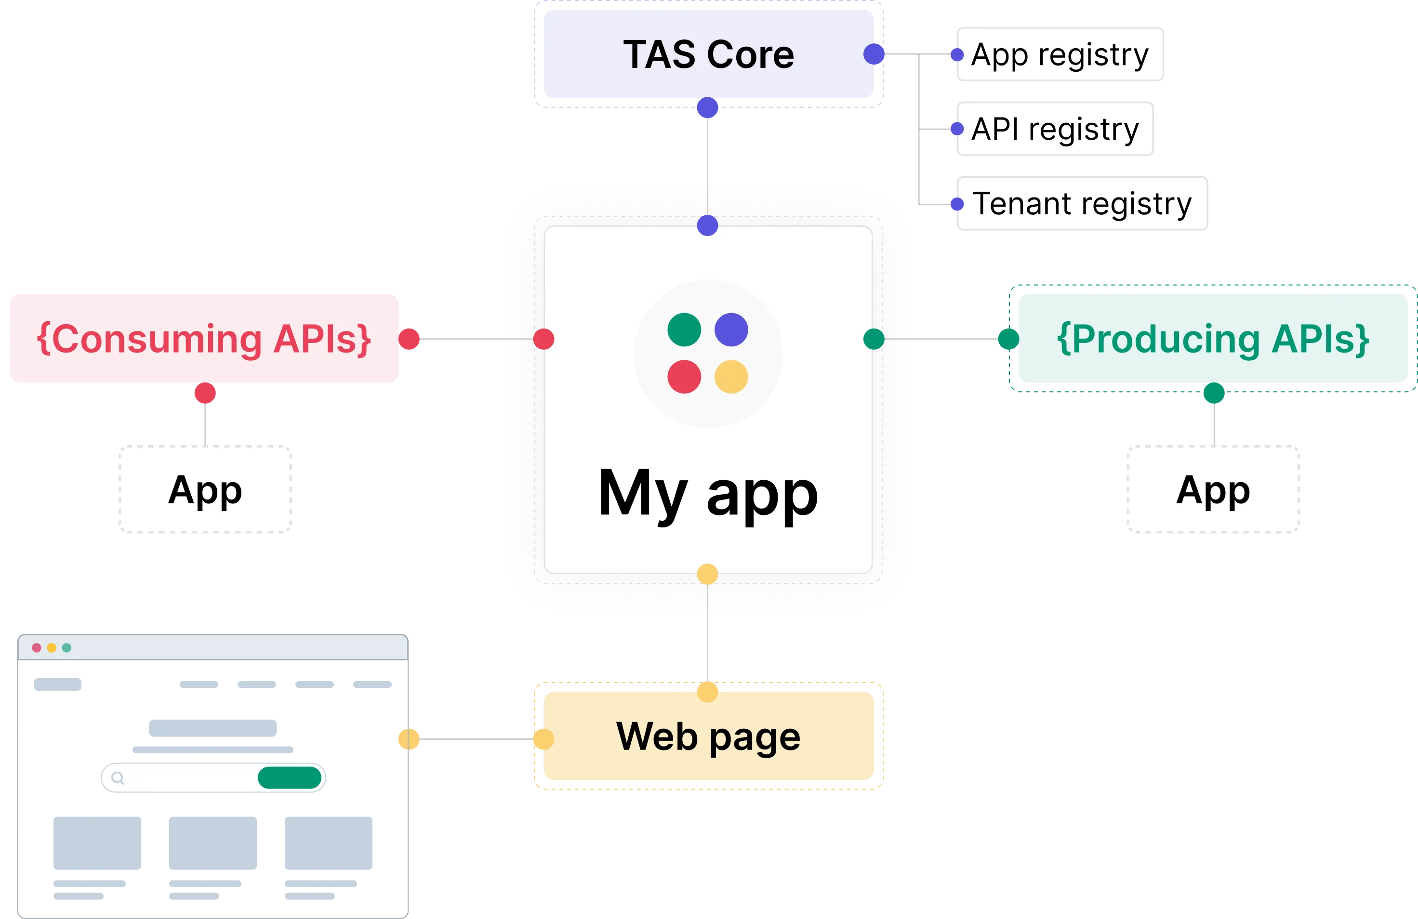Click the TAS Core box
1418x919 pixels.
(708, 55)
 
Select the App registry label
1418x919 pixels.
(1060, 55)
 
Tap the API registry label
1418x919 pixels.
(1055, 129)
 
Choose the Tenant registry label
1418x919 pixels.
(1081, 204)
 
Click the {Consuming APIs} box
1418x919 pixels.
(204, 339)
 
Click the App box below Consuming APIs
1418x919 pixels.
(204, 489)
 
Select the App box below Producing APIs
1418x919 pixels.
(1213, 489)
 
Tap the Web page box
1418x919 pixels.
(708, 736)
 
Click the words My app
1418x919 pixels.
(708, 493)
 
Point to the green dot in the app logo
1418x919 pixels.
(684, 330)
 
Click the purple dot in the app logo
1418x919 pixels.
(731, 330)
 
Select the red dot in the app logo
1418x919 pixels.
(684, 377)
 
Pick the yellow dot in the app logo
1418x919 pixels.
(731, 377)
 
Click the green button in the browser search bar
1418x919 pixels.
(290, 778)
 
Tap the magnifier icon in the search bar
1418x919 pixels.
(118, 778)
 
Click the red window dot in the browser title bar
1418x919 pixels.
(36, 647)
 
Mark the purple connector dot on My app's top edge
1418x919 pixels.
(707, 225)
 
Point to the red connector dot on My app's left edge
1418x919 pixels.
(543, 339)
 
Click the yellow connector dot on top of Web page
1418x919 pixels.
(707, 692)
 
